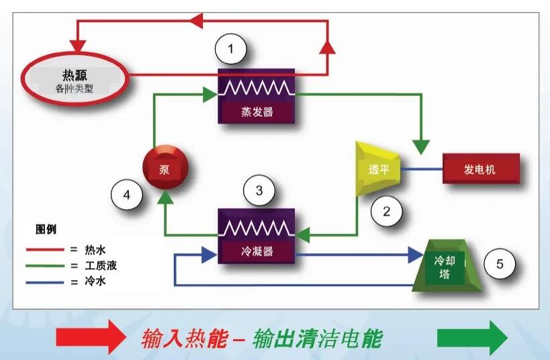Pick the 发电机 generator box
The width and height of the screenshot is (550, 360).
pos(480,168)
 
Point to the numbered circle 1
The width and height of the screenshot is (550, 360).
pos(231,50)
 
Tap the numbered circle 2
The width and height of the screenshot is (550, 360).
pos(386,211)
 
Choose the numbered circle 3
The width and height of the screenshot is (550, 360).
pos(259,191)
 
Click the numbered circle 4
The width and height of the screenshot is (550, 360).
pos(127,196)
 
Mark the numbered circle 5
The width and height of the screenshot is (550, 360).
pos(500,263)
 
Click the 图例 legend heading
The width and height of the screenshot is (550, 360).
pos(46,230)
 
